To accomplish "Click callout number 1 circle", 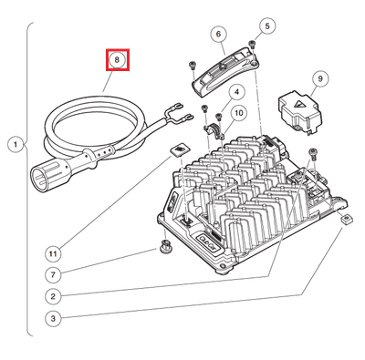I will (15, 144).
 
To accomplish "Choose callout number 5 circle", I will (266, 26).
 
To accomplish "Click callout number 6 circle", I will (219, 35).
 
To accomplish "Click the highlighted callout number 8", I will (117, 60).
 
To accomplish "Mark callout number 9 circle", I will (320, 80).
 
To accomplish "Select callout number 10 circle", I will (238, 114).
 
